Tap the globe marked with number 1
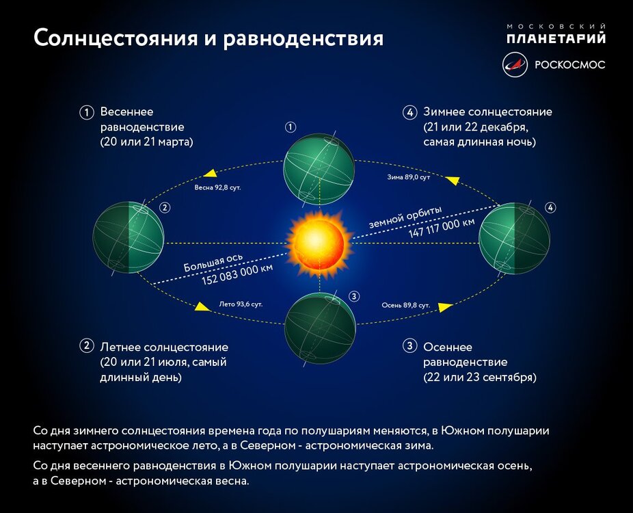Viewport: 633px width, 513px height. coord(319,167)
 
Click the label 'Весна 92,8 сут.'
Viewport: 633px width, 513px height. coord(217,187)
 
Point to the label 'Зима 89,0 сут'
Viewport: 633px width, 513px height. coord(409,177)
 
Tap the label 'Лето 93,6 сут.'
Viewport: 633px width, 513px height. coord(241,303)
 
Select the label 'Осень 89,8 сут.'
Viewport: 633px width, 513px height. coord(405,304)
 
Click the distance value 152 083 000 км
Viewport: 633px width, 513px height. coord(237,274)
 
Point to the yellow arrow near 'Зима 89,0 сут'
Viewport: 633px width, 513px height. coord(451,179)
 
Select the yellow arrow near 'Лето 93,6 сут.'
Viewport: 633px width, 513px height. coord(202,306)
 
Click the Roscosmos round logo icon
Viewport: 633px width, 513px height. coord(515,65)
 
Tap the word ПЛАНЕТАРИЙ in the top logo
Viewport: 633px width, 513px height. coord(556,38)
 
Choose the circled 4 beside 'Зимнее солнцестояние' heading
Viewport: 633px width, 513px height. coord(409,112)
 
